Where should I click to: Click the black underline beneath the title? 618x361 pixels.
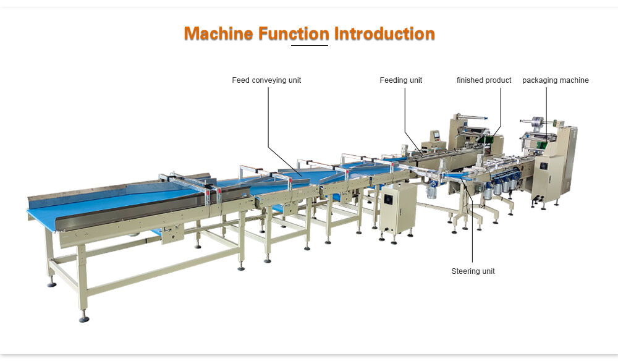[309, 45]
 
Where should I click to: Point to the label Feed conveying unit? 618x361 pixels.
[266, 80]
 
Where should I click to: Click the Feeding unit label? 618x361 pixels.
[400, 80]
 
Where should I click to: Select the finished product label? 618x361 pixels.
[484, 80]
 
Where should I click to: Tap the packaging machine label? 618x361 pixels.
[556, 80]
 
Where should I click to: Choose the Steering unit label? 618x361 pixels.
[473, 271]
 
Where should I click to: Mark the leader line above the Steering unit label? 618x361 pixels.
[473, 235]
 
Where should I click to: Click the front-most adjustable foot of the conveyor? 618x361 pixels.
[83, 318]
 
